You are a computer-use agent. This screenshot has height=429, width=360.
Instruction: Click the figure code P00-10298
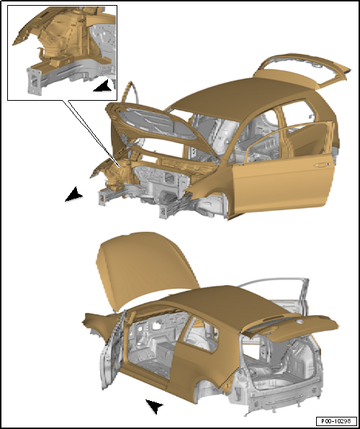pyautogui.click(x=336, y=420)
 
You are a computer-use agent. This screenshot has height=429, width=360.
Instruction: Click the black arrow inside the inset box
pyautogui.click(x=103, y=86)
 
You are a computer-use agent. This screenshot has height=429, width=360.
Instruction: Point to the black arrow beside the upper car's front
pyautogui.click(x=73, y=194)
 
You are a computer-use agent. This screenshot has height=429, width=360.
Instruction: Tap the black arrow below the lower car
pyautogui.click(x=154, y=406)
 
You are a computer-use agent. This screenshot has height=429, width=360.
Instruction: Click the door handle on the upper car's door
pyautogui.click(x=321, y=165)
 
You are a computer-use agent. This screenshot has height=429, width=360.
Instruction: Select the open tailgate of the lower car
pyautogui.click(x=290, y=327)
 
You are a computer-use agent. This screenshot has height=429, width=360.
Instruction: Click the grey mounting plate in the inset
pyautogui.click(x=35, y=81)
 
